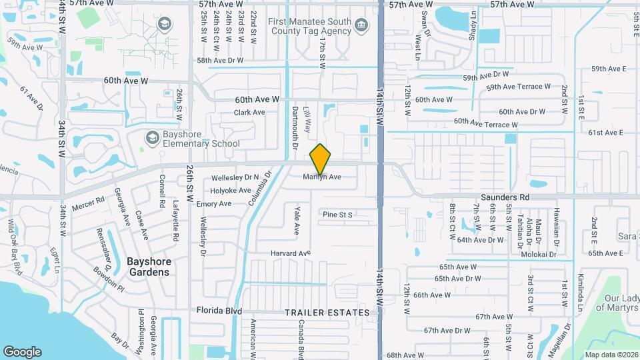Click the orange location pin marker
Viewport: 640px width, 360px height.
321,159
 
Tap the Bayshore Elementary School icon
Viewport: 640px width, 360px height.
153,137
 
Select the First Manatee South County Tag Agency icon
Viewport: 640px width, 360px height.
361,26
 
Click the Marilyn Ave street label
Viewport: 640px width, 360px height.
322,177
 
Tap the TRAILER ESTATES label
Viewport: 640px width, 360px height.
327,313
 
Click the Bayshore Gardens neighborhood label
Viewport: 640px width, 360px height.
148,267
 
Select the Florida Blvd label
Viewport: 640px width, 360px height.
218,311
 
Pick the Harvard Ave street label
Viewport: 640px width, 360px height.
291,253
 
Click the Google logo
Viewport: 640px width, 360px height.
23,351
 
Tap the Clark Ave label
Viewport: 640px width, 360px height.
249,113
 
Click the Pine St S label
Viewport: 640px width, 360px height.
337,215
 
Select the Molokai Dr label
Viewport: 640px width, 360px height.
539,254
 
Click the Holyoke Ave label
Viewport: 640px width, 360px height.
231,191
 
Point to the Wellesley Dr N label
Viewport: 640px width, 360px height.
235,178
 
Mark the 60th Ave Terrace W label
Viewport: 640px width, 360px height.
486,123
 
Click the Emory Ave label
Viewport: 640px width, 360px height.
213,204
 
